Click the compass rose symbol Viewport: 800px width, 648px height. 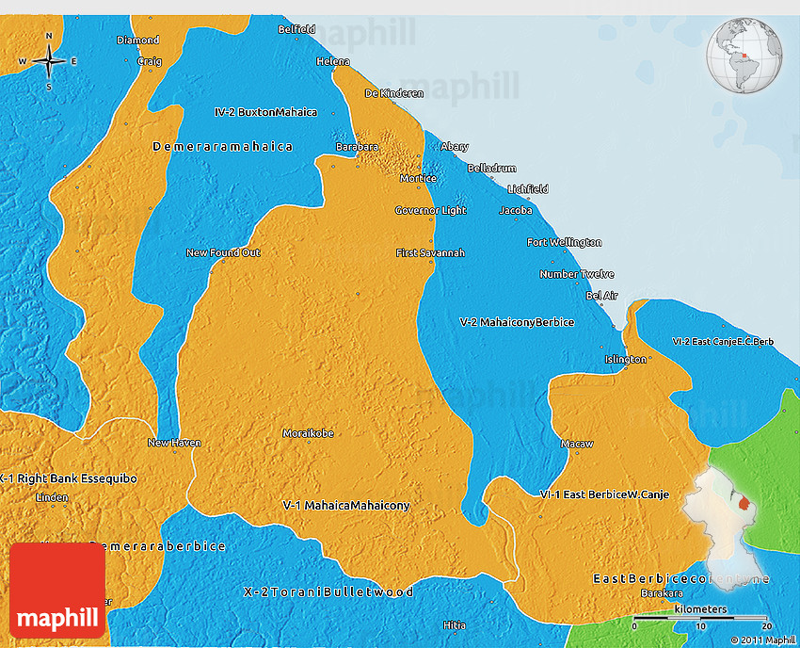pyautogui.click(x=48, y=62)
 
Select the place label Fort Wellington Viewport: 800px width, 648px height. pyautogui.click(x=564, y=243)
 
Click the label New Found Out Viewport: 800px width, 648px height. pyautogui.click(x=223, y=252)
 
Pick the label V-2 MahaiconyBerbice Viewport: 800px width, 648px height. pyautogui.click(x=517, y=322)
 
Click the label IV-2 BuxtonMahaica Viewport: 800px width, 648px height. pyautogui.click(x=265, y=112)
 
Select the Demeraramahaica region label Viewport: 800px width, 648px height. pyautogui.click(x=222, y=147)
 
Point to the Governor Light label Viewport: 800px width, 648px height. pyautogui.click(x=430, y=210)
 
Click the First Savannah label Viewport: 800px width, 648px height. pyautogui.click(x=430, y=253)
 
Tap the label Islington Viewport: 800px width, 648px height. pyautogui.click(x=626, y=359)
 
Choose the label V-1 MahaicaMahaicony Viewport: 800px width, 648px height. pyautogui.click(x=346, y=506)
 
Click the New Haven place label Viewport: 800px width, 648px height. pyautogui.click(x=174, y=443)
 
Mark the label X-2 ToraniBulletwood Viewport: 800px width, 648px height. pyautogui.click(x=328, y=591)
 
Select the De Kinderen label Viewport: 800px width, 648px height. pyautogui.click(x=394, y=93)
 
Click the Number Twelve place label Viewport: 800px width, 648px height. pyautogui.click(x=577, y=274)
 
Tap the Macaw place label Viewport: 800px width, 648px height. pyautogui.click(x=576, y=443)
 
